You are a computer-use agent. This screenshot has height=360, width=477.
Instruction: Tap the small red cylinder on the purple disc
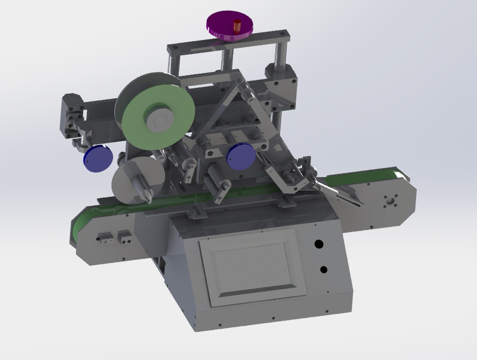pos(237,26)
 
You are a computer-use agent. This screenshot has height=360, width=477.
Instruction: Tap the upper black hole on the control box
pos(319,244)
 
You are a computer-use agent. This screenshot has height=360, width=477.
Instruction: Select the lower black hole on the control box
pos(323,269)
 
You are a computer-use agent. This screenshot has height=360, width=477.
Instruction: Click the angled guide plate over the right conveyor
pos(340,193)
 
